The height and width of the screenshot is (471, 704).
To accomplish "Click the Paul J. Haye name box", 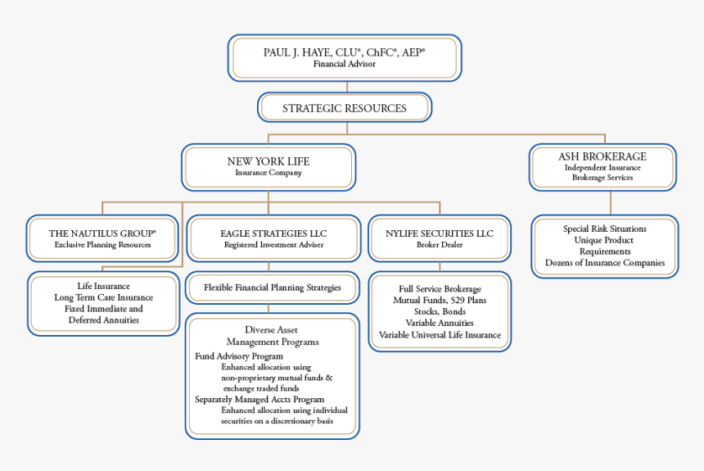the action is (345, 58).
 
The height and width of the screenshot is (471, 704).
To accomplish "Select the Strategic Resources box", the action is (345, 107).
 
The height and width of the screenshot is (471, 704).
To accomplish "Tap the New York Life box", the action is (269, 167).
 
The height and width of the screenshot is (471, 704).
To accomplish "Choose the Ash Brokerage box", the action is (602, 167).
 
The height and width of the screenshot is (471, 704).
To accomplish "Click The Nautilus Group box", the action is (102, 238).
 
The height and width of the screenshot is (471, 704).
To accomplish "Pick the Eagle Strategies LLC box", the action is (273, 238).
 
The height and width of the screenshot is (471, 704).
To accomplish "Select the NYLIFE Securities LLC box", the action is (440, 238).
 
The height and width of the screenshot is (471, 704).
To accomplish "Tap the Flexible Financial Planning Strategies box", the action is (272, 288).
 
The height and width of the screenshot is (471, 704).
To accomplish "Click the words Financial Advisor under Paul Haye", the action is (345, 64).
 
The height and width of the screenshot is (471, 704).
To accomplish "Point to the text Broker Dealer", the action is (440, 244).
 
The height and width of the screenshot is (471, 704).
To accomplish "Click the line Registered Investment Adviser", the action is (273, 244).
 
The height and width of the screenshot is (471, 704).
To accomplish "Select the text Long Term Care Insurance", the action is (104, 297).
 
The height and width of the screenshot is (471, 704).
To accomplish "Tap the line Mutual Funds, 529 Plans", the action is (440, 301).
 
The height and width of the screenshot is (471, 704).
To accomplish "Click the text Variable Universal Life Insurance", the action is (440, 335).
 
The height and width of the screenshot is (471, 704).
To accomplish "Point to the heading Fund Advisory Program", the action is (239, 356).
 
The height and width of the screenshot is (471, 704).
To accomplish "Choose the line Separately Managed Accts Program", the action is (259, 400).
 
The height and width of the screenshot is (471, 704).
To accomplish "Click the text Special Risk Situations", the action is (605, 229).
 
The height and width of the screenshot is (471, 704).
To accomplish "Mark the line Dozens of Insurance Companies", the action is (605, 263).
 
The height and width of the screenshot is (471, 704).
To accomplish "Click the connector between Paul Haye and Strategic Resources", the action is (347, 87).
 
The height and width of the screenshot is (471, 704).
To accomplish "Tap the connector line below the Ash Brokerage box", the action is (611, 202).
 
